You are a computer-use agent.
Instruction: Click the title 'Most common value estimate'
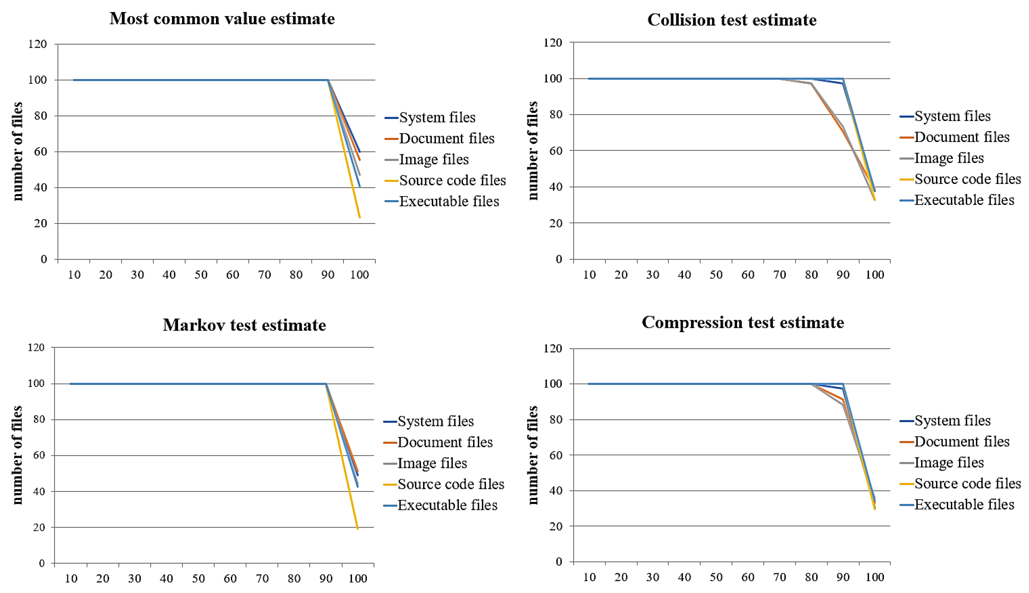coord(222,19)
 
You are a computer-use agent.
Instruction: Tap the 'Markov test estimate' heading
coord(244,325)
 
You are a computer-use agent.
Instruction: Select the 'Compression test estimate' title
coord(743,323)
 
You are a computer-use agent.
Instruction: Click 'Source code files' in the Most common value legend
coord(452,180)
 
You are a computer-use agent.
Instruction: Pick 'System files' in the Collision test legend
coord(952,116)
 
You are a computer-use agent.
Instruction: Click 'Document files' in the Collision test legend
coord(961,137)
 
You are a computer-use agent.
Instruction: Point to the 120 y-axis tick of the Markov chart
coord(36,347)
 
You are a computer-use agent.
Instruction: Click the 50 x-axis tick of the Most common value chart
coord(201,275)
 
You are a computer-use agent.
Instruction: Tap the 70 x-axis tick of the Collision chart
coord(779,275)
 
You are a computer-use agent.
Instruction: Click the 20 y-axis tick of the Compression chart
coord(556,526)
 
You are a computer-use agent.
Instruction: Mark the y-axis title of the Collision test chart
coord(533,151)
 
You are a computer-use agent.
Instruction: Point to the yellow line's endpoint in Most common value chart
coord(360,217)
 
